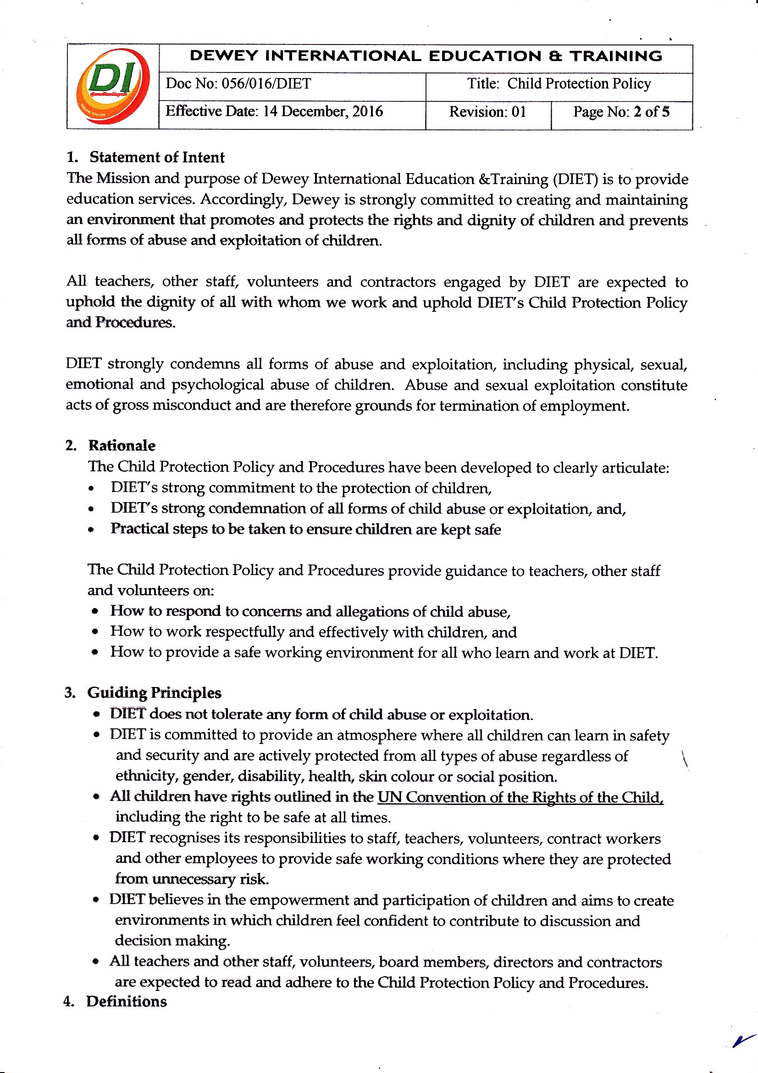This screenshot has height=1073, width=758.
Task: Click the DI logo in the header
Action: [112, 86]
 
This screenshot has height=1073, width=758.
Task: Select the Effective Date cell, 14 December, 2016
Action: [274, 111]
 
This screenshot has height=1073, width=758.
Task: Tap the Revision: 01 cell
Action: [487, 112]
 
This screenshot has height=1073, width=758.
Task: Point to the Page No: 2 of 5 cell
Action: [621, 112]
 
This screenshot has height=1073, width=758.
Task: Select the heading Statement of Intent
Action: [157, 157]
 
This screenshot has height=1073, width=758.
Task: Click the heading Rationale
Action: [122, 445]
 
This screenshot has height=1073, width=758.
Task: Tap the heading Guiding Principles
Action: [154, 693]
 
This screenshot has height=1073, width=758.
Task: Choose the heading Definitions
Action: [126, 1001]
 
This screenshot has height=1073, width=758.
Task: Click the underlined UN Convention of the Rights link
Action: [520, 797]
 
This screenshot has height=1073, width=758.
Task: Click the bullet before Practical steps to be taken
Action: [92, 530]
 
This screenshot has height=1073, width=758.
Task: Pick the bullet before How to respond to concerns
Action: [95, 612]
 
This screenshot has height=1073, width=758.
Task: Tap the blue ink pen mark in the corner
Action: [743, 1040]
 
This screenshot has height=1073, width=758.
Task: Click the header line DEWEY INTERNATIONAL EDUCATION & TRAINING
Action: [426, 56]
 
